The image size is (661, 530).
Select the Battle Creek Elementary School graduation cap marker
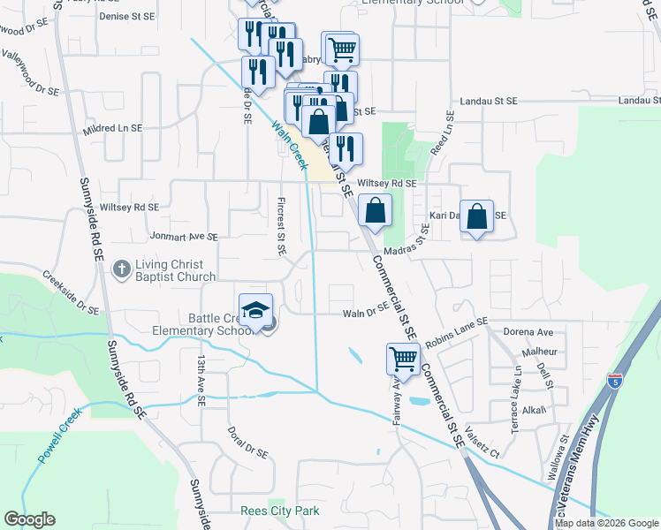(255, 313)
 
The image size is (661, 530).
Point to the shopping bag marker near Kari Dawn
(476, 217)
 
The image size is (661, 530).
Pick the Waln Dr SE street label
(366, 311)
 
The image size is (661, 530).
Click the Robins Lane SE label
(456, 331)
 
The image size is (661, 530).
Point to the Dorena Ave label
(528, 333)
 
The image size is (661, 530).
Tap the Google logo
(29, 519)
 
